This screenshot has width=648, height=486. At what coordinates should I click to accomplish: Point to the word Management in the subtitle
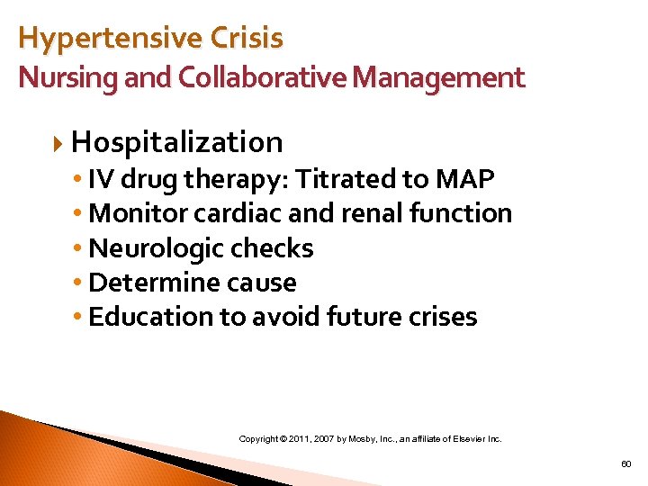pos(438,78)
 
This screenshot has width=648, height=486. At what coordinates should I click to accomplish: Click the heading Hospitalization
pos(177,142)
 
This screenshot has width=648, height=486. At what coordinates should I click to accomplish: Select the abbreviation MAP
pos(464,179)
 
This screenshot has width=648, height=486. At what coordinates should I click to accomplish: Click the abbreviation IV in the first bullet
pos(102,179)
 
